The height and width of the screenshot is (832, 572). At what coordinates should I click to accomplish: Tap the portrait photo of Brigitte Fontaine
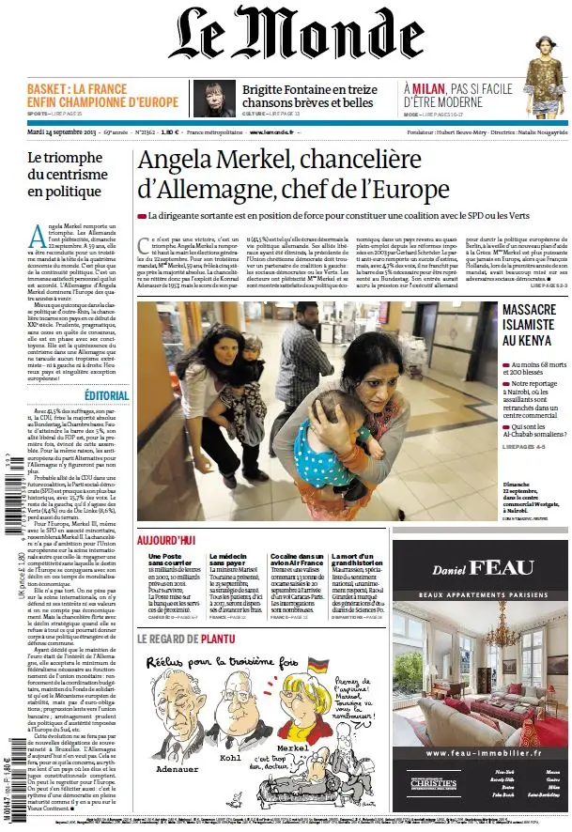(x=213, y=98)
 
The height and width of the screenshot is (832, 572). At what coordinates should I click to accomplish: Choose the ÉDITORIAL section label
(x=107, y=395)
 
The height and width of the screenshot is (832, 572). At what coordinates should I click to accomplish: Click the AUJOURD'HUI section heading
(x=166, y=542)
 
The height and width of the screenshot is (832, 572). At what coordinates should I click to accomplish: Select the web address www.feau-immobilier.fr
(x=482, y=752)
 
